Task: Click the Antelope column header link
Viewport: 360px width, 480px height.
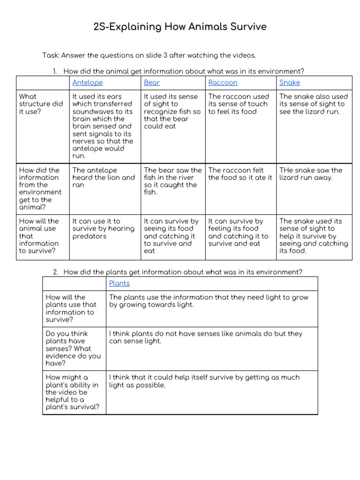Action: pyautogui.click(x=87, y=82)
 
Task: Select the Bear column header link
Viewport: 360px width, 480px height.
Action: pyautogui.click(x=152, y=82)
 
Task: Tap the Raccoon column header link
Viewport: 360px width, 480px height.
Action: pyautogui.click(x=223, y=82)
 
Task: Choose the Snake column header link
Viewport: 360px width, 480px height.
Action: pyautogui.click(x=290, y=82)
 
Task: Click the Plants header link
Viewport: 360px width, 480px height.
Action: pyautogui.click(x=120, y=283)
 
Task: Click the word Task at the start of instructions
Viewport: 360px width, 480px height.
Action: pyautogui.click(x=50, y=55)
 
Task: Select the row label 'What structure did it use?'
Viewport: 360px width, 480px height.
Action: pyautogui.click(x=41, y=104)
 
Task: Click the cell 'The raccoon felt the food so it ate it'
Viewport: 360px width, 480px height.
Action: pyautogui.click(x=240, y=174)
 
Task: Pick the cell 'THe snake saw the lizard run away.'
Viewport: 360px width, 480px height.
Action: pyautogui.click(x=311, y=174)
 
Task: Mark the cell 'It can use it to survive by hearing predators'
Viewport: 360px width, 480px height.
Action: pyautogui.click(x=103, y=229)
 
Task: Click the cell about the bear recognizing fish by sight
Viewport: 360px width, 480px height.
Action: pyautogui.click(x=172, y=112)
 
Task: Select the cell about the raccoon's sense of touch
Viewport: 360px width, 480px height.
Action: pyautogui.click(x=239, y=104)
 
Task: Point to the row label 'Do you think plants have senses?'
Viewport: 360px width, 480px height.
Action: pyautogui.click(x=73, y=348)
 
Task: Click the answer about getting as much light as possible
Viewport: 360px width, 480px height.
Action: pyautogui.click(x=204, y=381)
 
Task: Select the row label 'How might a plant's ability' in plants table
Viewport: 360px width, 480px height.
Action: pyautogui.click(x=72, y=392)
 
